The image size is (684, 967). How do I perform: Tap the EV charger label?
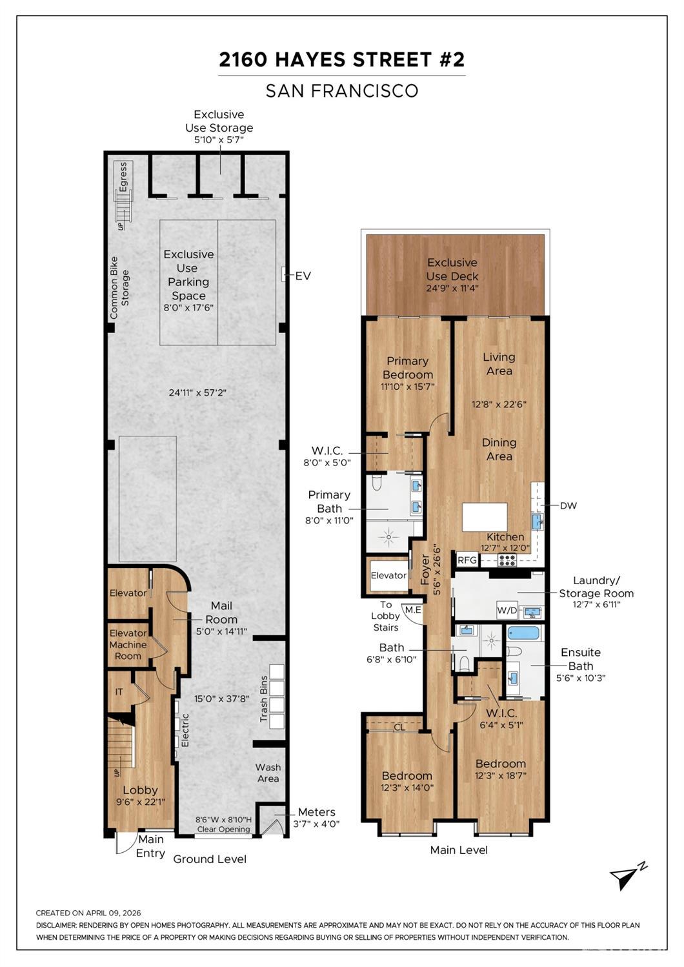(303, 276)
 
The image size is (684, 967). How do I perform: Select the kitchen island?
(485, 517)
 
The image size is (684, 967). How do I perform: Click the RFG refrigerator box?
(467, 560)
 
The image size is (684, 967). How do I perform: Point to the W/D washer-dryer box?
(507, 610)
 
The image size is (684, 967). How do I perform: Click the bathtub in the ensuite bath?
(523, 632)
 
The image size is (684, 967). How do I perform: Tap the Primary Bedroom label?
(407, 368)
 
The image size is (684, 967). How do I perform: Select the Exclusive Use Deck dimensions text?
(452, 289)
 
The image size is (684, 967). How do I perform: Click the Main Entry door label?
(150, 846)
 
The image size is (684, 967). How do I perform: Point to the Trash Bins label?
(264, 700)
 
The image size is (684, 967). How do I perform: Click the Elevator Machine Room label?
(128, 644)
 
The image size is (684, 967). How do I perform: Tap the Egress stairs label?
(123, 176)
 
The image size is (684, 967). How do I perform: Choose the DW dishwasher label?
(568, 505)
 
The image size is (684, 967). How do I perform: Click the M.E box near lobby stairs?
(412, 610)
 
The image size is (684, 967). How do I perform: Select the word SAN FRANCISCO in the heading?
(342, 91)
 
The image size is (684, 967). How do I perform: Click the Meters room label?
(316, 812)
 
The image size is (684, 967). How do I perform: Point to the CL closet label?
(399, 727)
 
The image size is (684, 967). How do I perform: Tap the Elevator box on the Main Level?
(388, 575)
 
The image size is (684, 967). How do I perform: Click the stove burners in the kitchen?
(507, 560)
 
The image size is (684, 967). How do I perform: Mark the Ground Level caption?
(210, 859)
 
